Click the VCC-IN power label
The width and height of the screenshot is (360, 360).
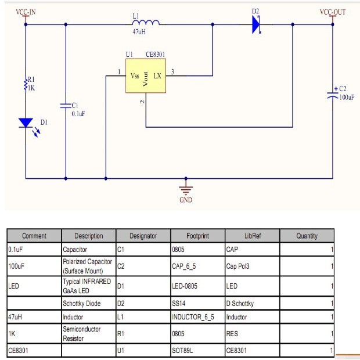click(x=26, y=12)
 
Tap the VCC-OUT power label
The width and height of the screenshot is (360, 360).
click(x=333, y=12)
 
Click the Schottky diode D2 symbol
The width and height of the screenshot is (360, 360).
click(x=257, y=25)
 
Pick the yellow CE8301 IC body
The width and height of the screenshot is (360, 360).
click(x=145, y=76)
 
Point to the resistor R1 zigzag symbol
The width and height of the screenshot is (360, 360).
click(x=26, y=84)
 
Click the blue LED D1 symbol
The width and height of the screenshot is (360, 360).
click(x=26, y=123)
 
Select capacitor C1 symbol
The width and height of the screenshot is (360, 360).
click(x=65, y=106)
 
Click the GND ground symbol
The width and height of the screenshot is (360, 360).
click(x=186, y=189)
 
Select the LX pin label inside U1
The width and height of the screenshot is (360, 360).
click(x=157, y=76)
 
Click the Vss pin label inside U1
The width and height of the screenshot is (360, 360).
click(x=135, y=76)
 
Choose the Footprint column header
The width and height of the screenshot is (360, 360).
click(x=197, y=236)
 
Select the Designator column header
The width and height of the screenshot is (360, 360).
click(x=143, y=236)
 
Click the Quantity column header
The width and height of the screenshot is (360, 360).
click(x=307, y=236)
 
